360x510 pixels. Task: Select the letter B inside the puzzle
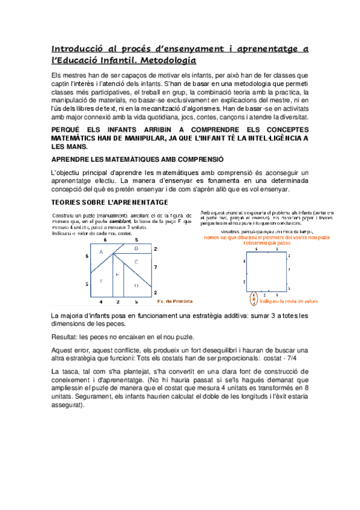[x=136, y=247]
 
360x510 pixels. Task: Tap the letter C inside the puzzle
[x=136, y=261]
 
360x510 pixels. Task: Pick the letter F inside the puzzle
[x=101, y=280]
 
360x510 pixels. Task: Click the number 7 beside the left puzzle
[x=155, y=265]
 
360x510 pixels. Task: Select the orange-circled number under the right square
[x=254, y=298]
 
